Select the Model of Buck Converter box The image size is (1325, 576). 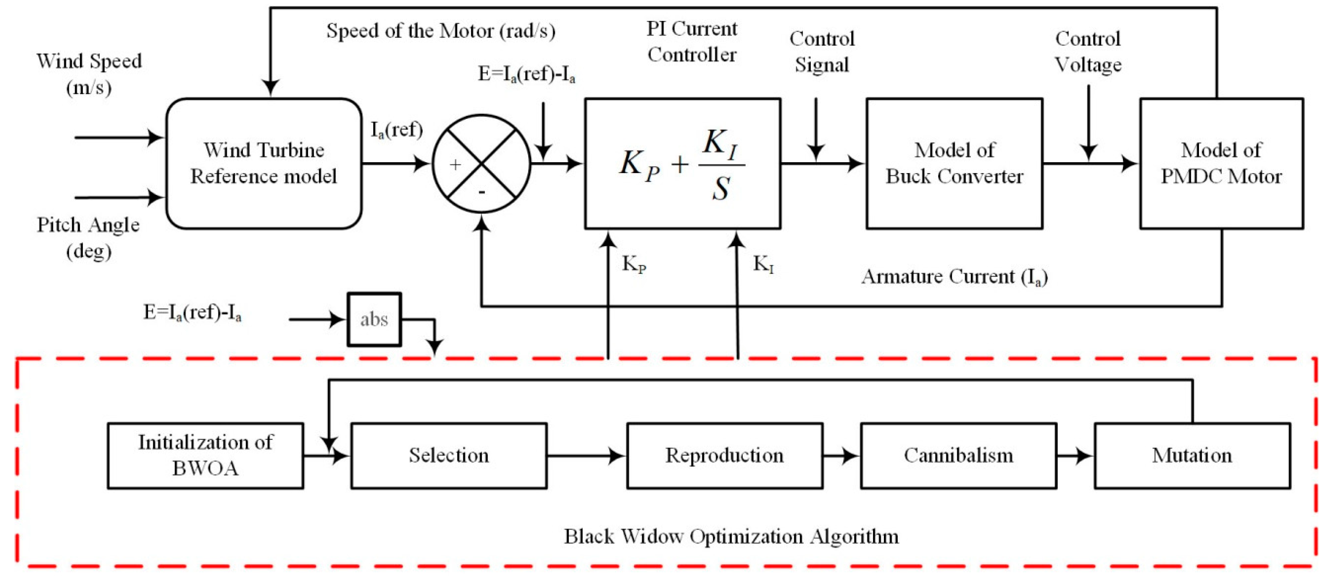tap(954, 164)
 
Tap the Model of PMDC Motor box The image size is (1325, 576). tap(1221, 164)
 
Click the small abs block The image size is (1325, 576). tap(374, 319)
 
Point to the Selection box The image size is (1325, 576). tap(449, 456)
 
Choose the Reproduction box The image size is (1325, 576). tap(724, 456)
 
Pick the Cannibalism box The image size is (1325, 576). tap(958, 456)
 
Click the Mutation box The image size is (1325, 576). tap(1192, 456)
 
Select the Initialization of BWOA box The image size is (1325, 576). tap(205, 456)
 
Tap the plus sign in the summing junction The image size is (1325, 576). tap(455, 165)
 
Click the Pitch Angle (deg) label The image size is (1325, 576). tap(88, 237)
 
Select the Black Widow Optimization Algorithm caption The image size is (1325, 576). tap(731, 537)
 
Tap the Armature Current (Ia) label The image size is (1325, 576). tap(954, 277)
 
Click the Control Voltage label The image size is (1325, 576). tap(1088, 51)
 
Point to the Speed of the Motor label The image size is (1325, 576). tap(441, 31)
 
